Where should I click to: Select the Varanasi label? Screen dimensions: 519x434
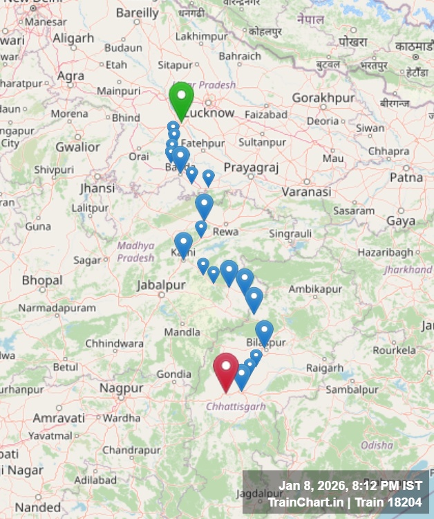pos(307,191)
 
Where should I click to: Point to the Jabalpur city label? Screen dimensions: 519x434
pos(161,285)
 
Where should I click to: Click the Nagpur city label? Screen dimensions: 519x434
pos(121,389)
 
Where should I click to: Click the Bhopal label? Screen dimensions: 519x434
pos(41,280)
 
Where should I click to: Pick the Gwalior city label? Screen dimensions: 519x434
pos(77,147)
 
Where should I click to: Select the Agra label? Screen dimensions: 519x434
pos(70,75)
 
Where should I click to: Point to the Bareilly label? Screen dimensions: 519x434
pos(137,12)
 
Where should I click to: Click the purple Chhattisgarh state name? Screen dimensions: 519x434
pos(236,406)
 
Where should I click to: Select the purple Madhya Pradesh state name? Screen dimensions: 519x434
pos(135,251)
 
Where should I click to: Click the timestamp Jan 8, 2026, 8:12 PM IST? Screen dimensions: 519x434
pos(350,486)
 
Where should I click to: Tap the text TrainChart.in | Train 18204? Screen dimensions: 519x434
pos(344,502)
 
